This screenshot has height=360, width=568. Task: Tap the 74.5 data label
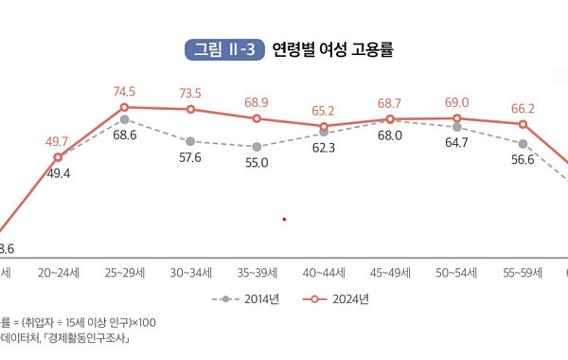pyautogui.click(x=125, y=92)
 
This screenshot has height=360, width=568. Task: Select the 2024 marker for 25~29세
pyautogui.click(x=124, y=107)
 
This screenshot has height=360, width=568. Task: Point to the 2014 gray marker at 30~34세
pyautogui.click(x=190, y=141)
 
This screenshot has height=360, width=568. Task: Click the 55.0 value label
pyautogui.click(x=257, y=163)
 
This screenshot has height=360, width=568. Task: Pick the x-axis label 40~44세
pyautogui.click(x=324, y=273)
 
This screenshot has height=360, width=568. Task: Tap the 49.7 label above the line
pyautogui.click(x=58, y=141)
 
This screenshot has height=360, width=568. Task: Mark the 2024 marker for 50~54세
pyautogui.click(x=456, y=118)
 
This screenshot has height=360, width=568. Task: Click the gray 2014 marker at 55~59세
pyautogui.click(x=523, y=143)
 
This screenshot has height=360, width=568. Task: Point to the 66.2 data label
pyautogui.click(x=523, y=109)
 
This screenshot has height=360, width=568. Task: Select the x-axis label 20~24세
pyautogui.click(x=58, y=273)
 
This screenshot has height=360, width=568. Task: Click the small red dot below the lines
pyautogui.click(x=284, y=219)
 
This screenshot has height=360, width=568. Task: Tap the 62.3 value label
pyautogui.click(x=324, y=148)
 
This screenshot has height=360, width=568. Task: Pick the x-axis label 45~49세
pyautogui.click(x=390, y=273)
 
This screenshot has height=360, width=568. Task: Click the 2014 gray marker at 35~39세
pyautogui.click(x=257, y=147)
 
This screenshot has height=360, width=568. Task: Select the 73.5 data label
pyautogui.click(x=191, y=93)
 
